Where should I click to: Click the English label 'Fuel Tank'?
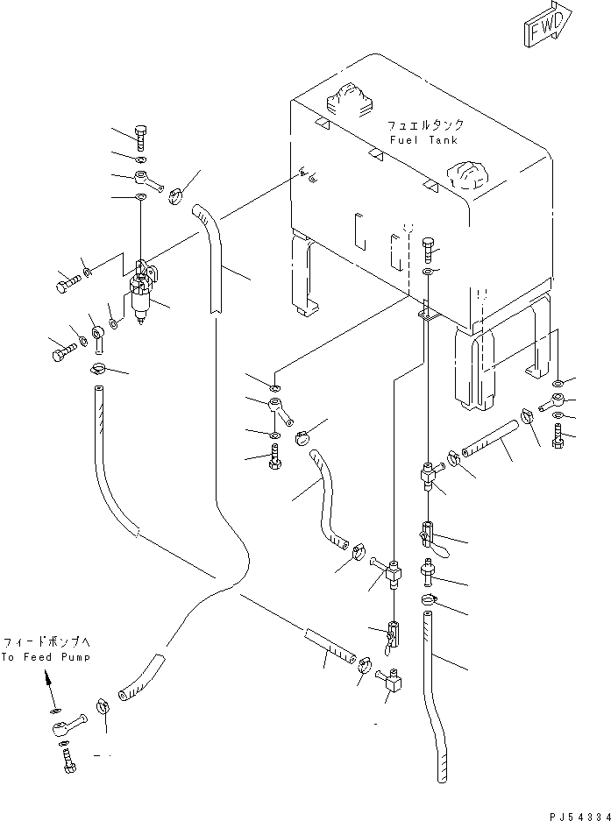[424, 140]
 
